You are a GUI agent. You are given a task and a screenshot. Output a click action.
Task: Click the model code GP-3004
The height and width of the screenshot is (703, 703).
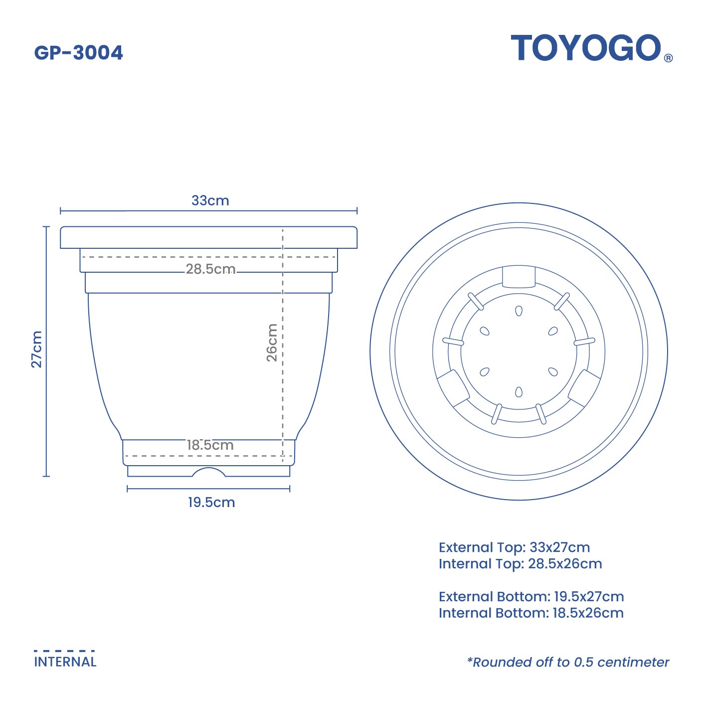pyautogui.click(x=78, y=53)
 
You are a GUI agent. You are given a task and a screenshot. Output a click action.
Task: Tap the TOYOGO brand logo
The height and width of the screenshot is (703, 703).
pyautogui.click(x=586, y=48)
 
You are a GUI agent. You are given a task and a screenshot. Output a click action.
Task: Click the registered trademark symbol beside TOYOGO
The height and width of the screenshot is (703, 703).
pyautogui.click(x=668, y=58)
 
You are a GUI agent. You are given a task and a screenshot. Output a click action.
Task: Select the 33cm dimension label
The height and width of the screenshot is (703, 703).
pyautogui.click(x=210, y=200)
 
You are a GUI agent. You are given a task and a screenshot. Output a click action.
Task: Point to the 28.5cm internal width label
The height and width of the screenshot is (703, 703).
pyautogui.click(x=210, y=269)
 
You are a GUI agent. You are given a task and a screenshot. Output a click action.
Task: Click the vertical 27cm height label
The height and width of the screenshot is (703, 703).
pyautogui.click(x=37, y=349)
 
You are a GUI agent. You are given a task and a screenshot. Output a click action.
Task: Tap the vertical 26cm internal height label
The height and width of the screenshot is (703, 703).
pyautogui.click(x=272, y=342)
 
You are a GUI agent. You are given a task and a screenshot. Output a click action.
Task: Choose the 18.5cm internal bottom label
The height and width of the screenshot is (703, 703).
pyautogui.click(x=210, y=445)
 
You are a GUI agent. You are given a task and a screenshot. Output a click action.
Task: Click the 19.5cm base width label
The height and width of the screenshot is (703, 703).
pyautogui.click(x=211, y=502)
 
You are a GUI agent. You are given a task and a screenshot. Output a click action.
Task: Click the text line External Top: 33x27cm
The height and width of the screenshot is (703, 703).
pyautogui.click(x=514, y=547)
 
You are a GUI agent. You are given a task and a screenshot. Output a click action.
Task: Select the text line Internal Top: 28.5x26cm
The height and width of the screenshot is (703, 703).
pyautogui.click(x=520, y=564)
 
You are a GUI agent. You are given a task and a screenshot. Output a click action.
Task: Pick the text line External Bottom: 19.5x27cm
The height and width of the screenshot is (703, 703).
pyautogui.click(x=531, y=597)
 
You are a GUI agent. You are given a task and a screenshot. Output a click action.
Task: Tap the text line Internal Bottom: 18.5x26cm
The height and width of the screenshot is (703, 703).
pyautogui.click(x=531, y=613)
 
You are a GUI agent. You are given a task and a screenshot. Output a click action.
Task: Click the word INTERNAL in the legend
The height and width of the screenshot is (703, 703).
pyautogui.click(x=65, y=662)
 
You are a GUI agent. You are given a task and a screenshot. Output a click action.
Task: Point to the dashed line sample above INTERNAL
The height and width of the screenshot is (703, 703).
pyautogui.click(x=64, y=651)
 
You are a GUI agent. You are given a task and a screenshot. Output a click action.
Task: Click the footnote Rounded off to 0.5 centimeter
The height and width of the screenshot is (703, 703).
pyautogui.click(x=568, y=662)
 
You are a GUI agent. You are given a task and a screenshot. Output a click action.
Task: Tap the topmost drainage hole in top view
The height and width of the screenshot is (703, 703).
pyautogui.click(x=519, y=311)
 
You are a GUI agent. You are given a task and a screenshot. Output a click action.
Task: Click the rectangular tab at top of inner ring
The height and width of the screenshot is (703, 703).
pyautogui.click(x=519, y=277)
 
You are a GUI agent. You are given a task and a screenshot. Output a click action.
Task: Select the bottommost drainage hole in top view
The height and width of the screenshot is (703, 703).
pyautogui.click(x=519, y=392)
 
